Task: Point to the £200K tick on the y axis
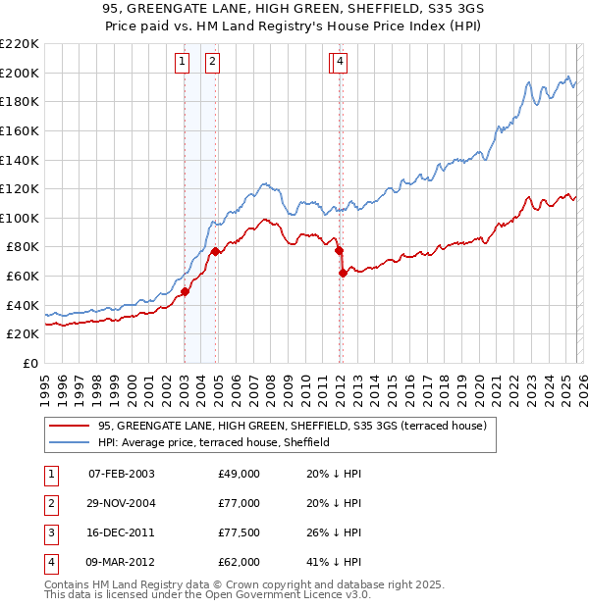[20, 73]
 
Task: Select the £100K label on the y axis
[20, 218]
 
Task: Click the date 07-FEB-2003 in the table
[121, 474]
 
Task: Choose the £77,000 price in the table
[239, 503]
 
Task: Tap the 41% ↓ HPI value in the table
[334, 562]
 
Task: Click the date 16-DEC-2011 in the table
[121, 532]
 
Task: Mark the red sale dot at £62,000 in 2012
[343, 274]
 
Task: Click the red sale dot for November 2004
[216, 252]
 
